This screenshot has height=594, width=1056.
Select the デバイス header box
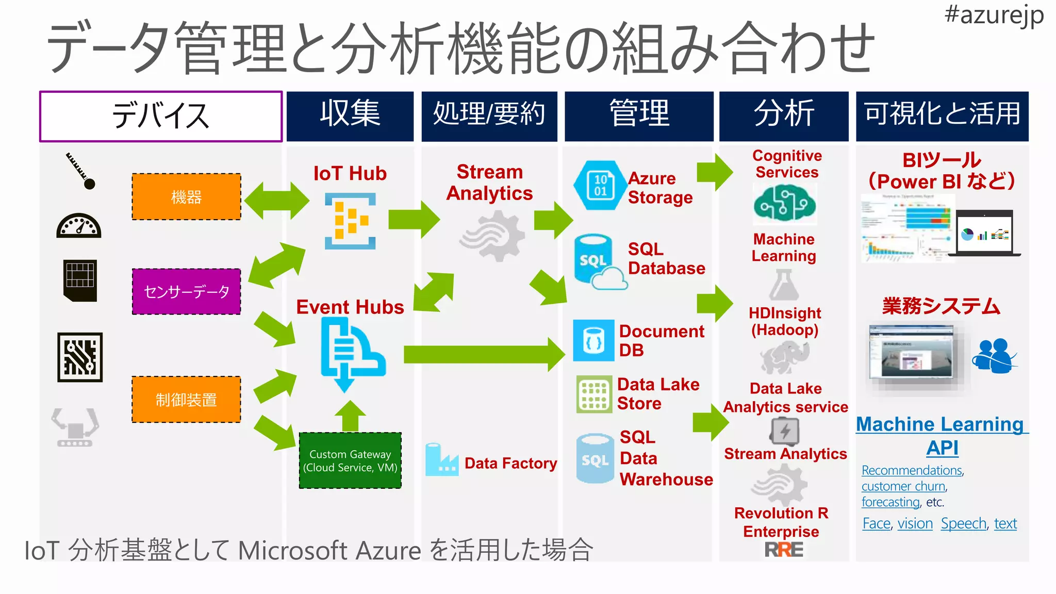161,116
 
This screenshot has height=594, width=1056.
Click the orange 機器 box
186,197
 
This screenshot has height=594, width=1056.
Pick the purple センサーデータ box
186,292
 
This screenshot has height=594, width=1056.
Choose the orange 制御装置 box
186,400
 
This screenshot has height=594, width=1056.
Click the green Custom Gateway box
350,460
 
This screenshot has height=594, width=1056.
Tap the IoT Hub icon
350,221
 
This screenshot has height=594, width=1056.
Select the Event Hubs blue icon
351,353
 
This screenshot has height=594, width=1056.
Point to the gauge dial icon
79,226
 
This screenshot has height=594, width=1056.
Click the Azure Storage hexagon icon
599,185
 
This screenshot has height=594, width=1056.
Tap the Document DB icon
593,340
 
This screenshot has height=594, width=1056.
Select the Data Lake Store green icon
594,394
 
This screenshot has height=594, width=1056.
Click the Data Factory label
510,463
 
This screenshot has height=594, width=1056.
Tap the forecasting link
890,502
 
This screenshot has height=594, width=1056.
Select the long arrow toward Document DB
484,355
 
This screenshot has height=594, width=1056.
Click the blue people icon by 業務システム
994,356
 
